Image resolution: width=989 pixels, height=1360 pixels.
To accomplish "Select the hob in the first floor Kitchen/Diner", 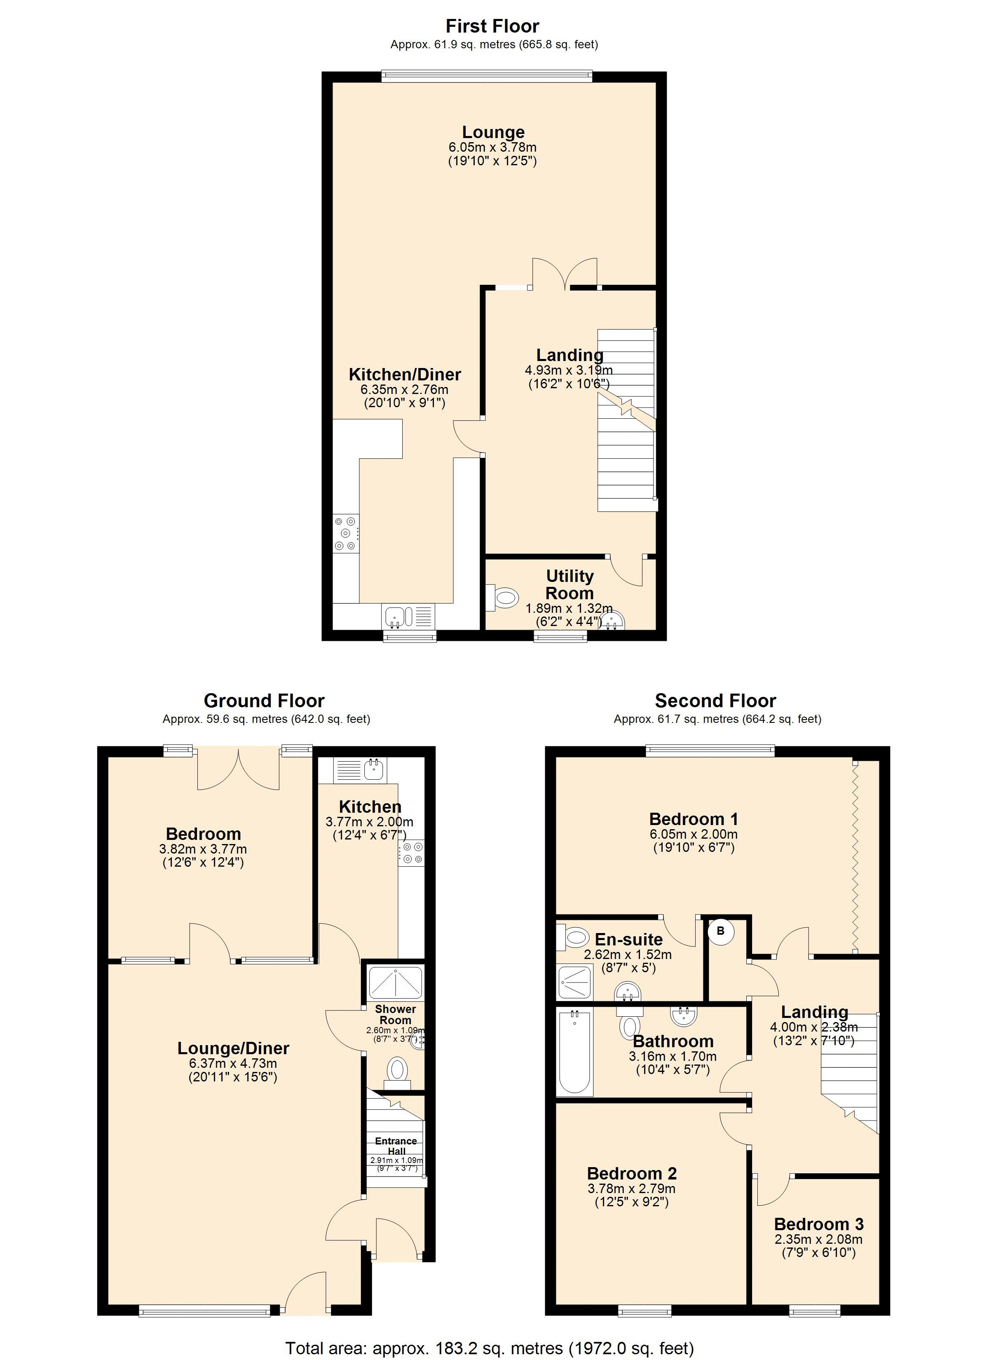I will [346, 533].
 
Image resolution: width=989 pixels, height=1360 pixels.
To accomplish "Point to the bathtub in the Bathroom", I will [574, 1051].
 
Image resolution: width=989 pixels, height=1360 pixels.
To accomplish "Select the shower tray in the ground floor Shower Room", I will [395, 983].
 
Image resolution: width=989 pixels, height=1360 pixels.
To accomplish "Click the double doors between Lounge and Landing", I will [565, 274].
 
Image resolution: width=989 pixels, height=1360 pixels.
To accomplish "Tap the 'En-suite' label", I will [628, 939].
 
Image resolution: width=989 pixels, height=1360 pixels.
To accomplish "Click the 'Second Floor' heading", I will [715, 700].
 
